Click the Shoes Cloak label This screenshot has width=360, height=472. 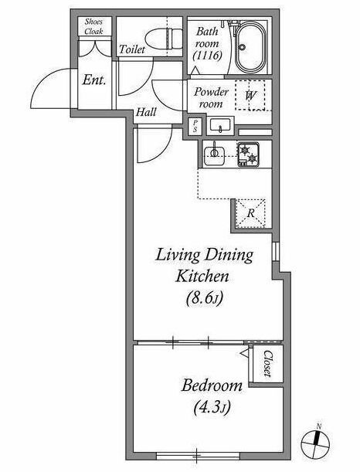click(x=94, y=26)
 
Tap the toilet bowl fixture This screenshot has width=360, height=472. click(x=164, y=39)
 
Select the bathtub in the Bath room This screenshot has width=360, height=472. click(x=250, y=46)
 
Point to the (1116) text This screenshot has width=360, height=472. click(x=208, y=56)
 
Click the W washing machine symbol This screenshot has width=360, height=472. click(x=250, y=96)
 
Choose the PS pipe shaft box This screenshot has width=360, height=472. click(x=195, y=126)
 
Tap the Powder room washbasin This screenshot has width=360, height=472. click(x=220, y=125)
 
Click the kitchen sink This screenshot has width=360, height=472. click(x=214, y=155)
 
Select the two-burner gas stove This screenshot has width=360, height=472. click(x=249, y=155)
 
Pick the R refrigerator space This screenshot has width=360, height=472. click(x=251, y=213)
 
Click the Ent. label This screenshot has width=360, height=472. click(x=94, y=80)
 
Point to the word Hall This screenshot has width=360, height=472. click(x=146, y=112)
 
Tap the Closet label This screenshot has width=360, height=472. click(x=267, y=364)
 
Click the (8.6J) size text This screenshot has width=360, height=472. click(x=205, y=298)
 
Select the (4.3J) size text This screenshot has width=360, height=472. click(x=212, y=408)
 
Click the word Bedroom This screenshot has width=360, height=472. click(x=212, y=385)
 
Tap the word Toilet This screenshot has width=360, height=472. click(x=132, y=49)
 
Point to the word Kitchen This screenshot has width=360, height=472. click(x=202, y=276)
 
